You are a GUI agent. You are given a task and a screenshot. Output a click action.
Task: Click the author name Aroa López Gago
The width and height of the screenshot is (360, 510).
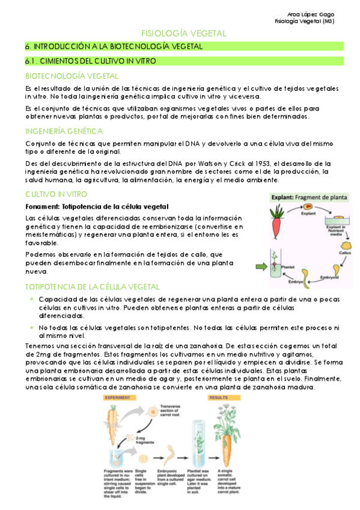[313, 14]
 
